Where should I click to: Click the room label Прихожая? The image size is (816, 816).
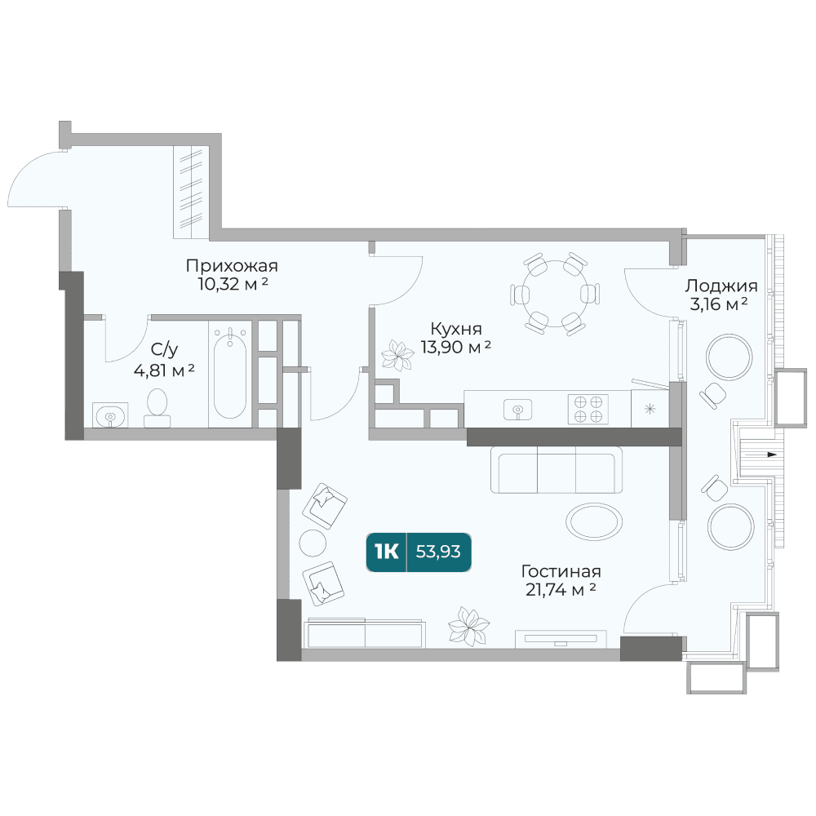click(x=232, y=266)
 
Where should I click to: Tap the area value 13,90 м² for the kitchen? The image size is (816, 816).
click(x=455, y=347)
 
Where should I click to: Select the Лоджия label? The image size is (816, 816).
click(x=721, y=286)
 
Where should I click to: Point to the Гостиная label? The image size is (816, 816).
click(x=561, y=571)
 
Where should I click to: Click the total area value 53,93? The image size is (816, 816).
click(x=438, y=552)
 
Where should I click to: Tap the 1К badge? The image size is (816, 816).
click(x=386, y=552)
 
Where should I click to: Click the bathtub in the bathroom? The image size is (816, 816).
click(x=230, y=374)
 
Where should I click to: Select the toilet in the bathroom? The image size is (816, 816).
click(x=157, y=408)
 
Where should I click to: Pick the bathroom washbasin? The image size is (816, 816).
click(x=110, y=415)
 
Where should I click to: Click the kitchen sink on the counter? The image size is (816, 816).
click(x=518, y=409)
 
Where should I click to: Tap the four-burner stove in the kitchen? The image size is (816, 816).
click(x=588, y=409)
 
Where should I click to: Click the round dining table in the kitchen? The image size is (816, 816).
click(x=555, y=294)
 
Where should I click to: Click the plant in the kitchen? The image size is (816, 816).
click(x=397, y=356)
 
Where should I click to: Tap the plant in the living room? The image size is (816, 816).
click(x=469, y=627)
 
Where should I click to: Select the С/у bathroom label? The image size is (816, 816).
click(x=164, y=349)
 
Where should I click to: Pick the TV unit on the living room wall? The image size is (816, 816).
click(x=561, y=639)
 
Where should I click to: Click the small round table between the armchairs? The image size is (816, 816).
click(x=313, y=543)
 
